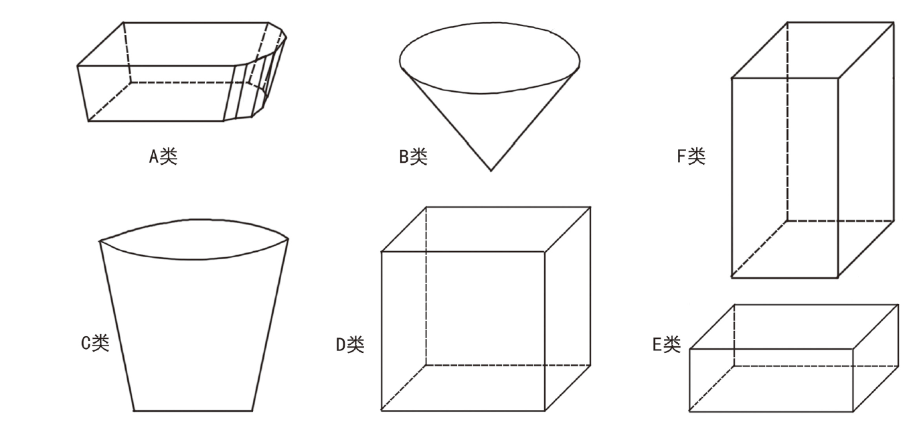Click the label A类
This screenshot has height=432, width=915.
tap(163, 156)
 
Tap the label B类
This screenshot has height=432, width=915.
tap(413, 157)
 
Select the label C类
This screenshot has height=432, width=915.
tap(95, 343)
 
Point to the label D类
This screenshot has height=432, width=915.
tap(349, 344)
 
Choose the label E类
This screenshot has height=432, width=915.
tap(667, 344)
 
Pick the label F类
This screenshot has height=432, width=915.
tap(691, 155)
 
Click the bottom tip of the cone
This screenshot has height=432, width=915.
tap(491, 170)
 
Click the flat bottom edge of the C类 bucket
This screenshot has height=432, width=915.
tap(193, 411)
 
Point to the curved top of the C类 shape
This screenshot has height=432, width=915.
tap(194, 220)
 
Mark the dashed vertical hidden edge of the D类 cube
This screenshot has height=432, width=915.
tap(426, 286)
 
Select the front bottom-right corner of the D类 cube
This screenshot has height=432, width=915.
tap(544, 411)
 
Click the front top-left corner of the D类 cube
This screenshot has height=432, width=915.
tap(382, 251)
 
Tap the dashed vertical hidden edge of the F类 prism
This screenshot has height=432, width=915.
tap(787, 121)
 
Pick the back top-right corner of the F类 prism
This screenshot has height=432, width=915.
tap(894, 23)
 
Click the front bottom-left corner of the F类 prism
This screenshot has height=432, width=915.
tap(732, 277)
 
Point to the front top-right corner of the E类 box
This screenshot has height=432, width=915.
tap(853, 349)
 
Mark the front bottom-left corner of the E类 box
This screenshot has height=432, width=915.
tap(689, 411)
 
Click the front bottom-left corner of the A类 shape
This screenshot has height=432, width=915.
tap(88, 121)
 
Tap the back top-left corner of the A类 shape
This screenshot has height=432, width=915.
tap(123, 23)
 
